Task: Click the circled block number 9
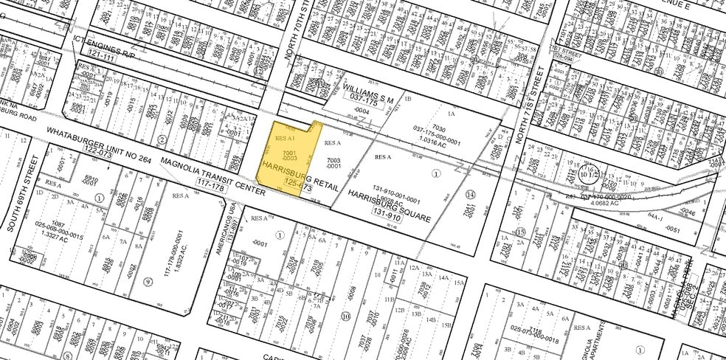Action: point(148,281)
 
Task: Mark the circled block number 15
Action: point(520,232)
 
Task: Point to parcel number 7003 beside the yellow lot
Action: point(334,163)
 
